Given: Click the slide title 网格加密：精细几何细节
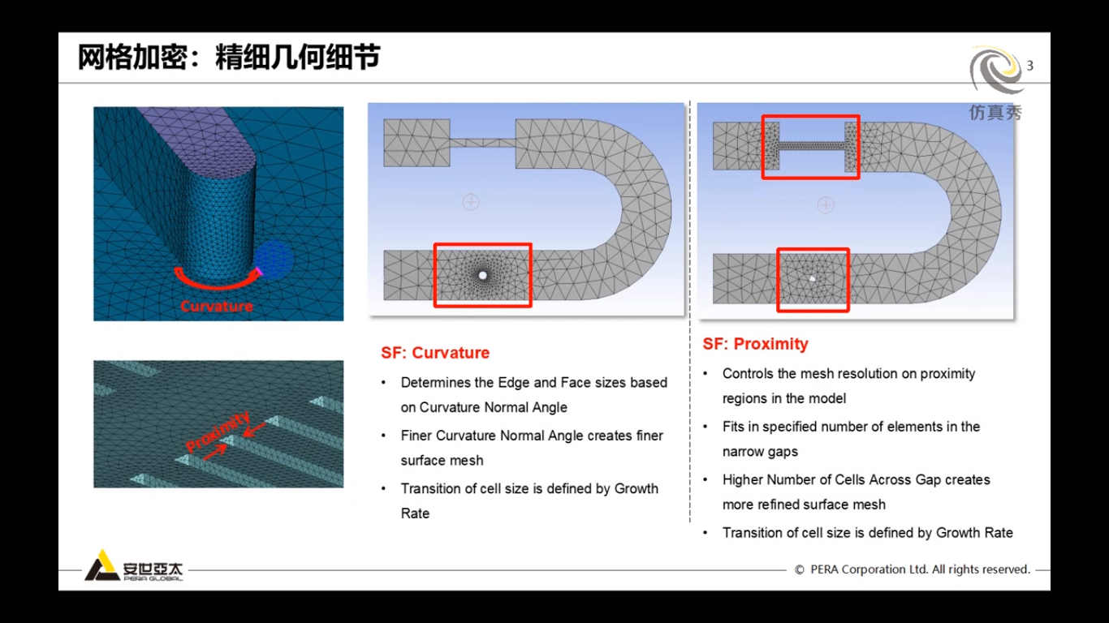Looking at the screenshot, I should coord(229,58).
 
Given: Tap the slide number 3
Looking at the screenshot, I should coord(1030,66).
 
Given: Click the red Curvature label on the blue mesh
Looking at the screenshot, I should coord(217,306).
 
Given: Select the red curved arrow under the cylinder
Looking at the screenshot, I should coord(217,282).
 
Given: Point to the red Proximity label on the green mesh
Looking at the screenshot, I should coord(218,432).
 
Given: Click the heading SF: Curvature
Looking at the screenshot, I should coord(435,353).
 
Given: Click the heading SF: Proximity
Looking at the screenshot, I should coord(755,344).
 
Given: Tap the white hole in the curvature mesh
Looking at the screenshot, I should coord(483,276).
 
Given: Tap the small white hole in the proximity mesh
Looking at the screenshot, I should coord(812,278).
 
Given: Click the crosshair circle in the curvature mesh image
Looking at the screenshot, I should coord(471,202).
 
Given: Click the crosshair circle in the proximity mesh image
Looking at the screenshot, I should coord(826,205).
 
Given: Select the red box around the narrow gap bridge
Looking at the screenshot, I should coord(810,147).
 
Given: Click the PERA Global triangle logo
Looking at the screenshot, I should coord(101,565).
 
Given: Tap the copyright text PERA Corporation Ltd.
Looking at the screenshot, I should coord(913,569).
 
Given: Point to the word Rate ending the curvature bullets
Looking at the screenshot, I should coord(415,513).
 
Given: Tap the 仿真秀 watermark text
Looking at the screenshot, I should coord(996,113).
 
